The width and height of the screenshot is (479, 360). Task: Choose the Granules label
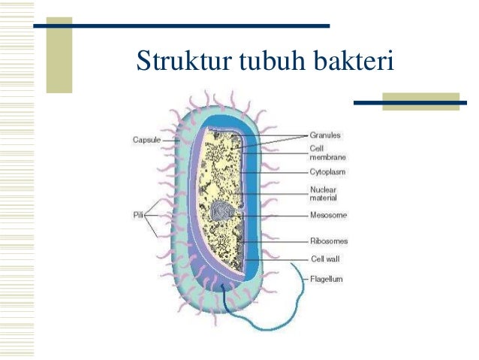pyautogui.click(x=325, y=135)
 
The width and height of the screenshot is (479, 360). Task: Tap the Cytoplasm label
pyautogui.click(x=327, y=172)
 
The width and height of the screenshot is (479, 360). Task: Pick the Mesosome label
pyautogui.click(x=327, y=215)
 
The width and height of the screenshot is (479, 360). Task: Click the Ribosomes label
pyautogui.click(x=329, y=241)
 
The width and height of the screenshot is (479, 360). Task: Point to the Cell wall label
pyautogui.click(x=325, y=259)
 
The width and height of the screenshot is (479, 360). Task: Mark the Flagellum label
pyautogui.click(x=327, y=279)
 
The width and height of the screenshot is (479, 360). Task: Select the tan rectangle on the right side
pyautogui.click(x=420, y=101)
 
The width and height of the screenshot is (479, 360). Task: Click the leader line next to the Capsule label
pyautogui.click(x=169, y=140)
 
